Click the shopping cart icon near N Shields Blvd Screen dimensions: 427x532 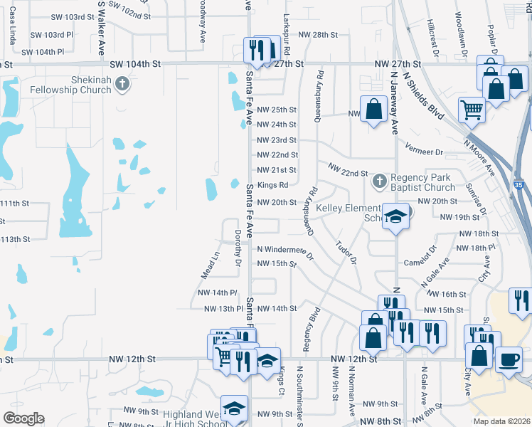click(471, 110)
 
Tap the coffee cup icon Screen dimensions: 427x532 click(508, 359)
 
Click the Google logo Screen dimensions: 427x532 click(23, 418)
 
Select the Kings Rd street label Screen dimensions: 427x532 click(272, 185)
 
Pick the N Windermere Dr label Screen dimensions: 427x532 click(285, 250)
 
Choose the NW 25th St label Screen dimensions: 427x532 click(276, 110)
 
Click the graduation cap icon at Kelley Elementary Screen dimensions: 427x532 click(393, 217)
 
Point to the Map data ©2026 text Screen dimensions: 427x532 click(501, 421)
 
